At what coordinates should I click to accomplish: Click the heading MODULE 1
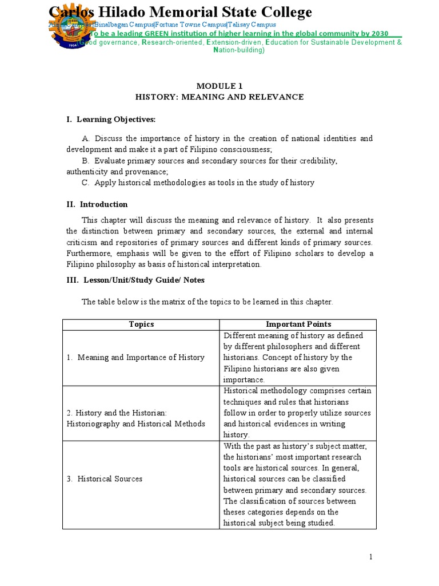(219, 86)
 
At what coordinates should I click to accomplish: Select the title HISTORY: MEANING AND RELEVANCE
(219, 97)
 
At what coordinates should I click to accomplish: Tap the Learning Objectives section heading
(111, 119)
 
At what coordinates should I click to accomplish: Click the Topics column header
(141, 324)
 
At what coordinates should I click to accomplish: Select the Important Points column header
(298, 324)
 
